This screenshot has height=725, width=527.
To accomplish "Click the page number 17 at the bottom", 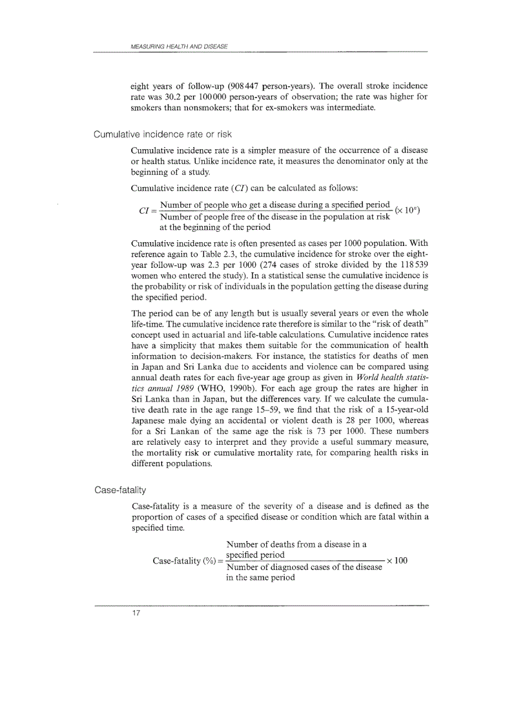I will click(x=136, y=613).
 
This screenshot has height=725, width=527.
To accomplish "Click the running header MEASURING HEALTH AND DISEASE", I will click(x=179, y=46).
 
